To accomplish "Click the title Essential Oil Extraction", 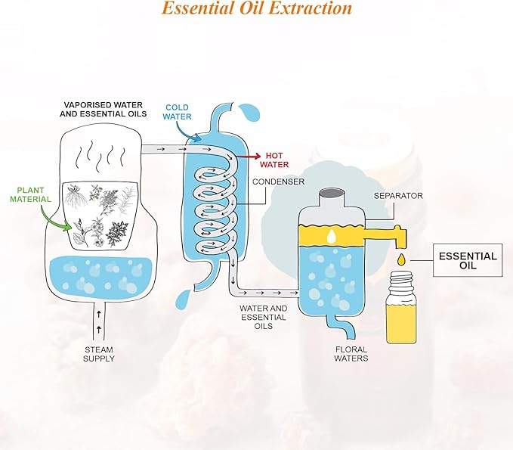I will [x=257, y=9].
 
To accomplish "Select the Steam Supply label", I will [x=98, y=353].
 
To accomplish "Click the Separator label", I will [x=398, y=195].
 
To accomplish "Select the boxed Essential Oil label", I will [x=468, y=261].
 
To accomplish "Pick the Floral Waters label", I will [x=352, y=353].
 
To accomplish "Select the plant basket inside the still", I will [x=103, y=215].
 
